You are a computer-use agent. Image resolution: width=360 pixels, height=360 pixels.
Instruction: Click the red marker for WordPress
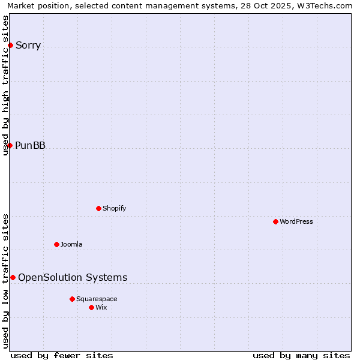(275, 221)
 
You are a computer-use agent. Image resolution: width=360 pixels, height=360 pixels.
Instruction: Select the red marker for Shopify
(98, 208)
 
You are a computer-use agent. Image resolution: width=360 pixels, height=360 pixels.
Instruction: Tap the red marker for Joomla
(56, 244)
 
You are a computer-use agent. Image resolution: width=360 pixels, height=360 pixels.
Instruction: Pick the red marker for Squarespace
(72, 299)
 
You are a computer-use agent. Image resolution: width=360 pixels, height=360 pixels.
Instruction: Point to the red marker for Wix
(91, 307)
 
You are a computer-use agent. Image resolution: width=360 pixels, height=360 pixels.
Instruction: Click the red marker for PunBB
(10, 145)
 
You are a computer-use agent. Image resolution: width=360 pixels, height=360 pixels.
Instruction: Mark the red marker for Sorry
(10, 45)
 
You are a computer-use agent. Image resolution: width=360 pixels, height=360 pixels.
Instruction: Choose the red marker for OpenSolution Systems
(13, 277)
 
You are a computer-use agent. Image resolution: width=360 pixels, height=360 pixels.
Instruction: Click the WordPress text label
(296, 221)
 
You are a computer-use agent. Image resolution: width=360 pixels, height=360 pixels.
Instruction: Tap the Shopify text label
(114, 208)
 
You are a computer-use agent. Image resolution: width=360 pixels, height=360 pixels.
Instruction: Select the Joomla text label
(71, 244)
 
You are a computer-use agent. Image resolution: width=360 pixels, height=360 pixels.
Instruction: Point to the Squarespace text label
(97, 299)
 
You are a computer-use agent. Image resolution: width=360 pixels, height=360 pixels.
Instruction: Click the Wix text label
(101, 307)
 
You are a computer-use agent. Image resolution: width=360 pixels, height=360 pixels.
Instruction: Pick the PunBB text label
(30, 145)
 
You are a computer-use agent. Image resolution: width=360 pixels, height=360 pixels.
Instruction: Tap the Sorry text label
(28, 46)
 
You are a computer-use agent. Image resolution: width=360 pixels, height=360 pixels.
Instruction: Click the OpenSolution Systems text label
(73, 277)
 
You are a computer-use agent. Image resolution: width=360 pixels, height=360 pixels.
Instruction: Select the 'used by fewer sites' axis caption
(62, 355)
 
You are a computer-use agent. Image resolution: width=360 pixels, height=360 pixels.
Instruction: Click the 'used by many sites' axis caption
(301, 355)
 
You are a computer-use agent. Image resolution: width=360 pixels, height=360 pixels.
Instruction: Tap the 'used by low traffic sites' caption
(5, 280)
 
